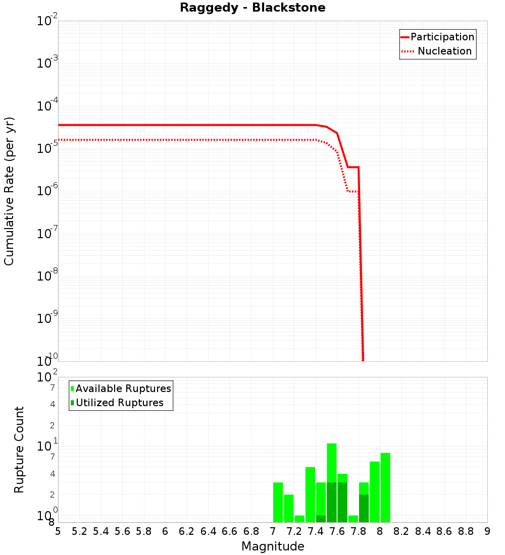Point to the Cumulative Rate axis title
[x=9, y=191]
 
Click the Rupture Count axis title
[x=19, y=450]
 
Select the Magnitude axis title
[x=273, y=546]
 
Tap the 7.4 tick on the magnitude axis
[x=316, y=531]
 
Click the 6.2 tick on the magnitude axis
[x=187, y=531]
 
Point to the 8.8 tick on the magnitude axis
[x=466, y=531]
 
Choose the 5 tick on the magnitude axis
[x=58, y=531]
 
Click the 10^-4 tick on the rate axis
[x=47, y=106]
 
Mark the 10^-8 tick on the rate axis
[x=47, y=276]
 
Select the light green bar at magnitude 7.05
[x=278, y=502]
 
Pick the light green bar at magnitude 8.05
[x=385, y=487]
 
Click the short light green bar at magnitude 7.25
[x=299, y=519]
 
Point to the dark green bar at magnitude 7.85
[x=364, y=509]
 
